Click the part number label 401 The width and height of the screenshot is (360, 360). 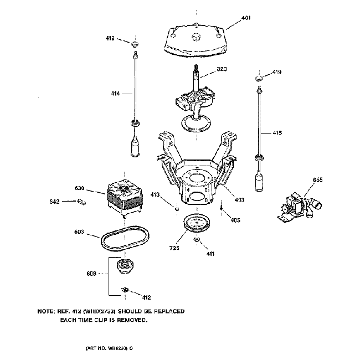tap(246, 18)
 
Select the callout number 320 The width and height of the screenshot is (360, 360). tap(222, 69)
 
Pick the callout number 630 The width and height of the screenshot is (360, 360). tap(80, 188)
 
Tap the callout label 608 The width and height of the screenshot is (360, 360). tap(91, 273)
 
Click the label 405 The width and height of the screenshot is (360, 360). tap(235, 220)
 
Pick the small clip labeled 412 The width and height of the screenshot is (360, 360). tap(125, 289)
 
